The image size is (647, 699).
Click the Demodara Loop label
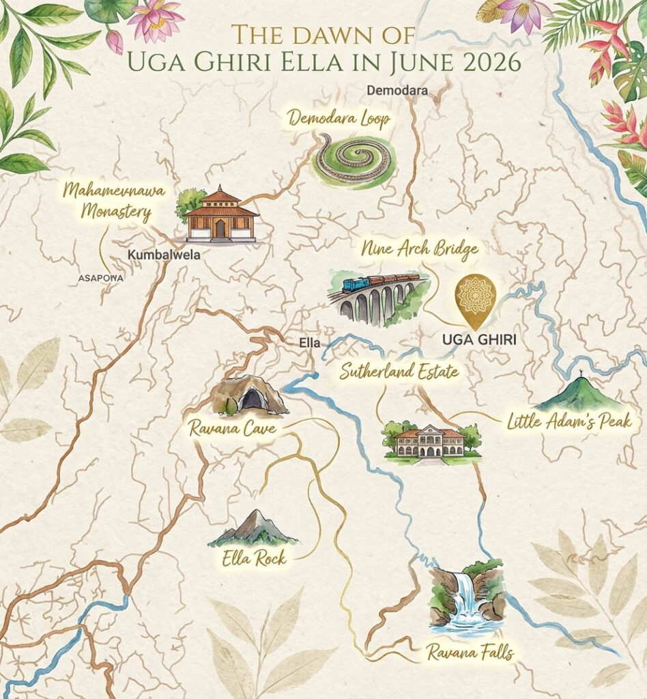(339, 119)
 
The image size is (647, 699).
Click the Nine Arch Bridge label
(420, 251)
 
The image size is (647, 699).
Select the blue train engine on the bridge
(355, 284)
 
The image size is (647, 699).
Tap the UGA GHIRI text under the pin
(476, 338)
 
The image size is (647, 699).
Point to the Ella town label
(310, 343)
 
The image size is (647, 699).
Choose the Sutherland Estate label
(399, 373)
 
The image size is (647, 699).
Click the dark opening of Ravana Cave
(253, 399)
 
